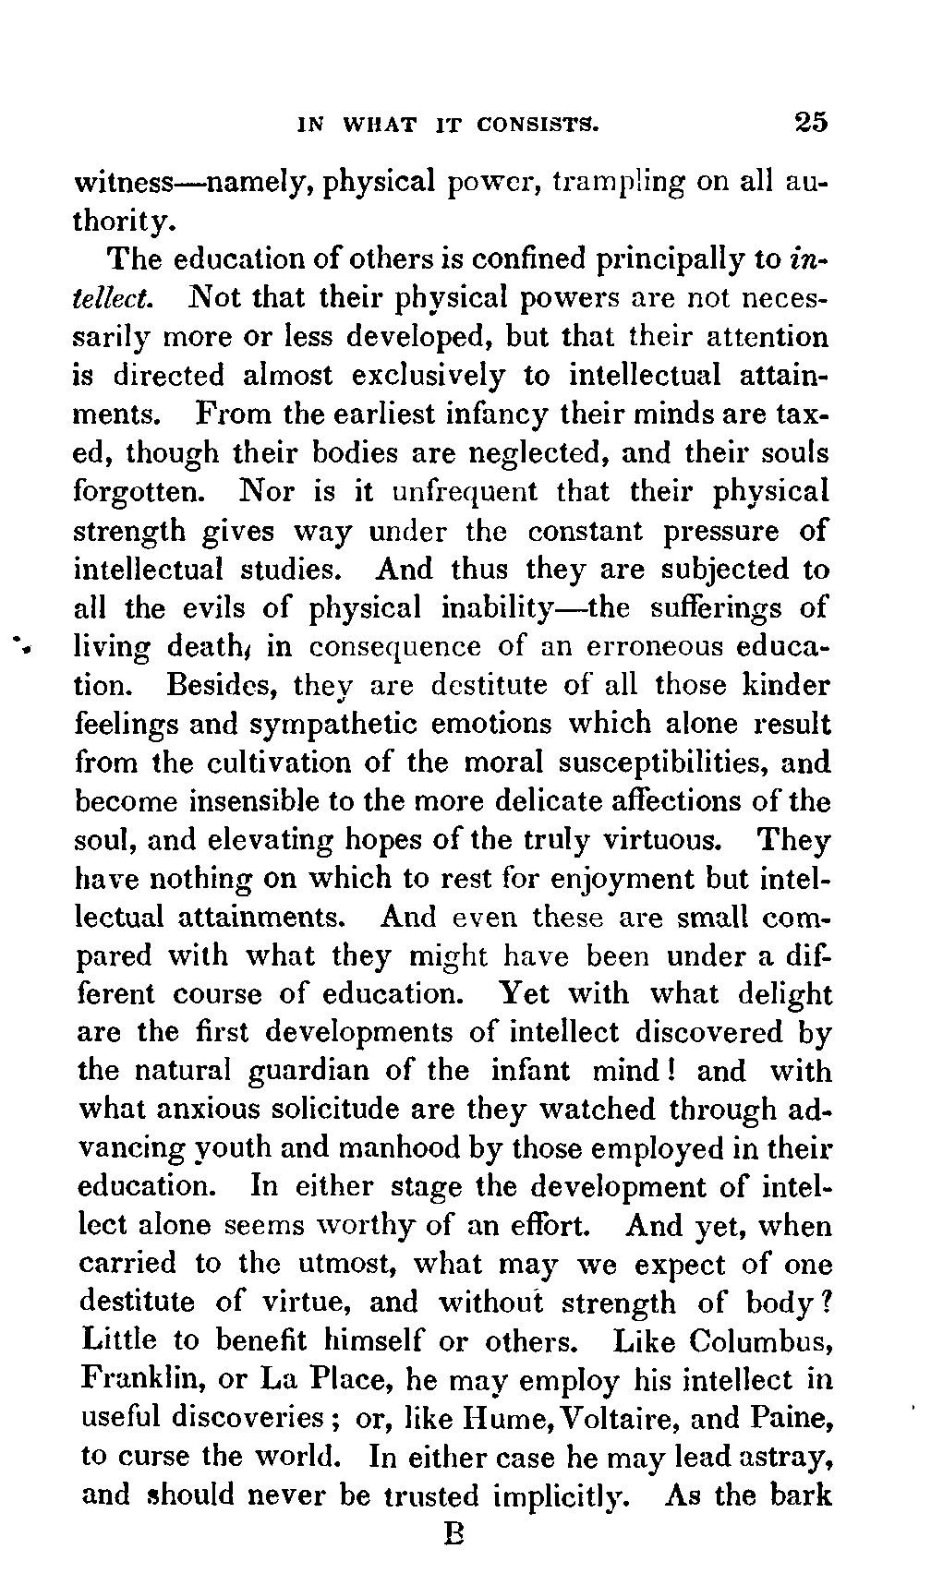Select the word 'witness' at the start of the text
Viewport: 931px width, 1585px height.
[x=121, y=181]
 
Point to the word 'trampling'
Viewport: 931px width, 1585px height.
[x=618, y=182]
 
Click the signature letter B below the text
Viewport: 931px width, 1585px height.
[x=453, y=1534]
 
